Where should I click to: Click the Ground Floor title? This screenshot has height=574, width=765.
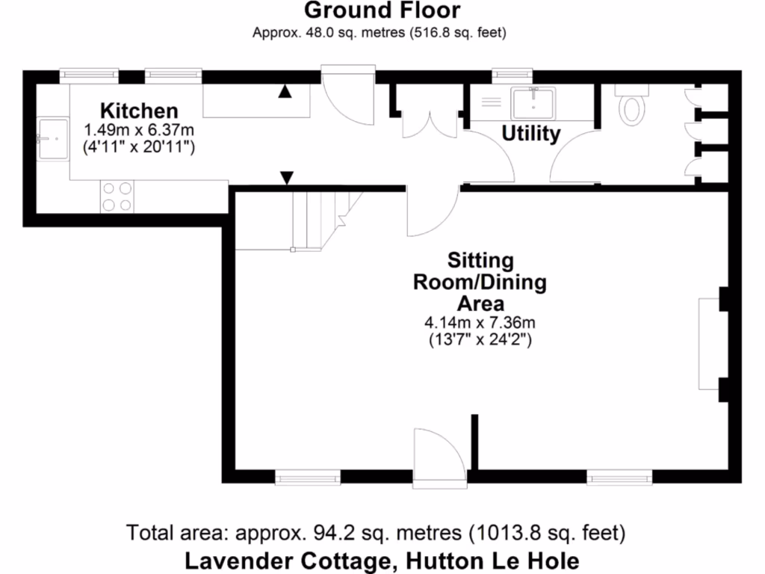[382, 10]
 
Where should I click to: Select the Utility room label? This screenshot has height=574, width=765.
[530, 134]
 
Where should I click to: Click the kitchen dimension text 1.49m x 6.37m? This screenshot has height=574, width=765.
[140, 129]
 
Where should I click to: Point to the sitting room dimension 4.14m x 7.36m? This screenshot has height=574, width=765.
[480, 323]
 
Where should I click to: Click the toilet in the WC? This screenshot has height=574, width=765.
[633, 105]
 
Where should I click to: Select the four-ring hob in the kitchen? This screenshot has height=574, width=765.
[117, 197]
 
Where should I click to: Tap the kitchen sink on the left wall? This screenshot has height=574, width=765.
[52, 138]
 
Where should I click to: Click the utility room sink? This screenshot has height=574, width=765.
[533, 102]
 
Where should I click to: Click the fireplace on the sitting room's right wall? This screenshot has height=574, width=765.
[709, 344]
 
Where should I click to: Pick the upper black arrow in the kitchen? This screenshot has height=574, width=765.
[285, 91]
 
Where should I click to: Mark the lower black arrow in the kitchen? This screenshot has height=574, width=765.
[286, 178]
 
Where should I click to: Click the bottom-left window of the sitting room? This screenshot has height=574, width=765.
[307, 476]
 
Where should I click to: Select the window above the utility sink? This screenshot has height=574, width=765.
[512, 75]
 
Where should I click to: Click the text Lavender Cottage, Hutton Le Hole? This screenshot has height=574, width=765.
[382, 560]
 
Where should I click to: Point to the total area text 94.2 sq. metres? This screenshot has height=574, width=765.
[376, 534]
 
